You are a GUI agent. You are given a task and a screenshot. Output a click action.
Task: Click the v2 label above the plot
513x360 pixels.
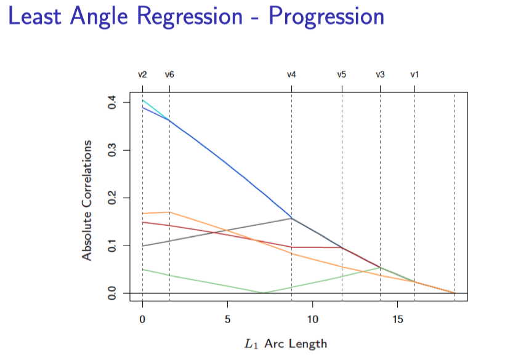142,74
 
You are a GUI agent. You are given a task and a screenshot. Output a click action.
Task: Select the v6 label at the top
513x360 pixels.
169,74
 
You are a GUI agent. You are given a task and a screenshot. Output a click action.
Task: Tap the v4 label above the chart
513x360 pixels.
291,74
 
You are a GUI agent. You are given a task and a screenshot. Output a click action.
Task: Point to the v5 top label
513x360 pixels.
342,74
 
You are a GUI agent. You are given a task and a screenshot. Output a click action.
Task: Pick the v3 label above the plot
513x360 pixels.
380,74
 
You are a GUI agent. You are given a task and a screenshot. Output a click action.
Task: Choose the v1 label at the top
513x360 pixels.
414,74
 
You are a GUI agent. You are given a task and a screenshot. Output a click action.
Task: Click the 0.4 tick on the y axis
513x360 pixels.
111,102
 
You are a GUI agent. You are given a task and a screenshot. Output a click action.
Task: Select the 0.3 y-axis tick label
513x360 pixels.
111,150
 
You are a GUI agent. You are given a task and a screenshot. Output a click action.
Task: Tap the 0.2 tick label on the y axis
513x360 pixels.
111,198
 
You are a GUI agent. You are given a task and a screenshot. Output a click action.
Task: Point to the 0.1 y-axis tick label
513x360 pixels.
111,246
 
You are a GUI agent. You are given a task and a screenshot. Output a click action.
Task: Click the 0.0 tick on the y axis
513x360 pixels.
111,294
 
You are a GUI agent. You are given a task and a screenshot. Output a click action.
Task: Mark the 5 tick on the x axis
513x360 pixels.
227,320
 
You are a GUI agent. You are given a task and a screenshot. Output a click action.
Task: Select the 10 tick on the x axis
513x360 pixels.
312,320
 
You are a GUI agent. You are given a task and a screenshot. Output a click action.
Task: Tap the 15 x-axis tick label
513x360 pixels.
397,320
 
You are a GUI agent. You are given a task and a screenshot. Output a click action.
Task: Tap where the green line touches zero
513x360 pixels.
264,293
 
